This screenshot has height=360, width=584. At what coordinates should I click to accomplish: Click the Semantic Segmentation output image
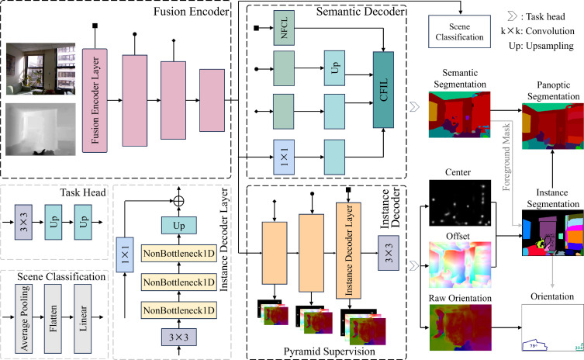[460, 114]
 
